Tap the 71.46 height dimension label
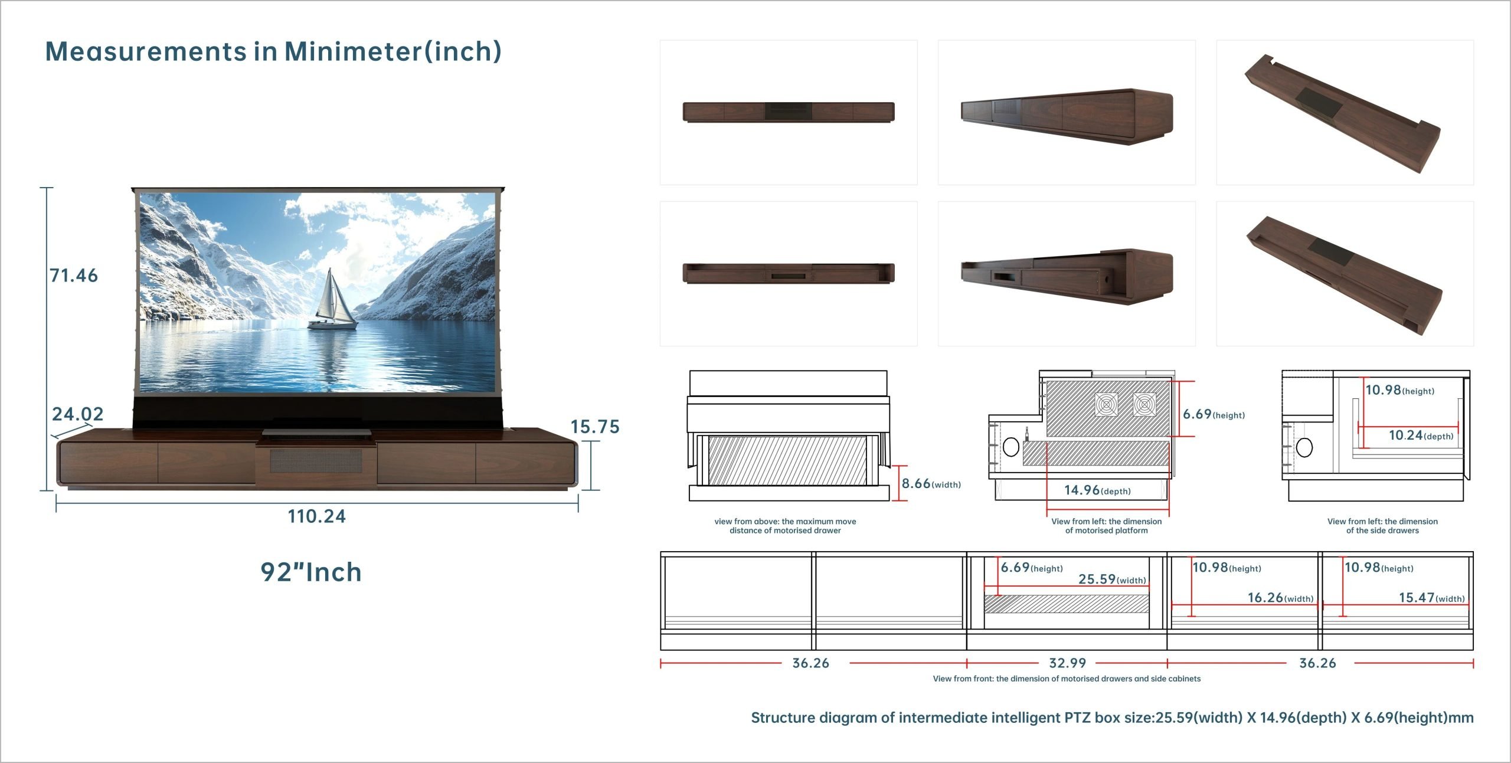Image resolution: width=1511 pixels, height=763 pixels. click(74, 276)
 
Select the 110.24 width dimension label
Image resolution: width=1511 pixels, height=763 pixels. click(317, 516)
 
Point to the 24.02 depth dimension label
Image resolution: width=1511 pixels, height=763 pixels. click(78, 414)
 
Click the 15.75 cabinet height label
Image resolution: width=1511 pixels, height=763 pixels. click(595, 427)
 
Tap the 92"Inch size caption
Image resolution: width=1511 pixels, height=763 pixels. click(311, 572)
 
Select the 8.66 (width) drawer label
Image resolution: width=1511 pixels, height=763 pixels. click(931, 484)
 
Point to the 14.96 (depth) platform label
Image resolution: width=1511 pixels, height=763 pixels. click(1098, 490)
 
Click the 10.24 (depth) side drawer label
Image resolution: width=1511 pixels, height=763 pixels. click(1421, 435)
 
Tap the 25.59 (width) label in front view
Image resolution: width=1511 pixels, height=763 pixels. click(1113, 579)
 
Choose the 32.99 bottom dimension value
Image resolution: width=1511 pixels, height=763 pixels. click(1068, 663)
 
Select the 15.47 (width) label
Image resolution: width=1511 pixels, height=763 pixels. click(1432, 598)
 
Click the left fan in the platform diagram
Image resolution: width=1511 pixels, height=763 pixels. click(1106, 405)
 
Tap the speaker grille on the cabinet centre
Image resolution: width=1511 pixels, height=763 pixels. click(316, 461)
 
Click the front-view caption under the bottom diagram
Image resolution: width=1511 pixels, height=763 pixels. click(1067, 679)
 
